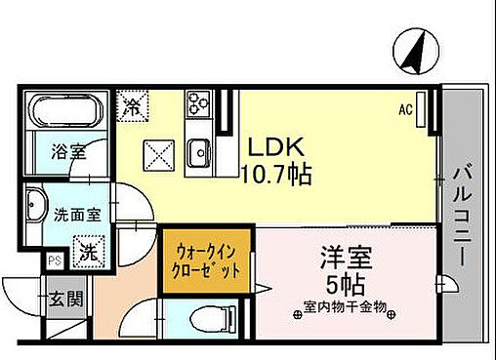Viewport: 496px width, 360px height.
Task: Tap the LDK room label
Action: click(276, 147)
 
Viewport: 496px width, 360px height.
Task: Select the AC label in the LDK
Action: click(404, 110)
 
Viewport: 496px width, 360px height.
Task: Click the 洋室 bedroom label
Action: click(344, 260)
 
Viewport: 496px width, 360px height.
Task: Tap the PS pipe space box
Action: click(53, 261)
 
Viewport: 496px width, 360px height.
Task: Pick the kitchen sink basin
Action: click(200, 151)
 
